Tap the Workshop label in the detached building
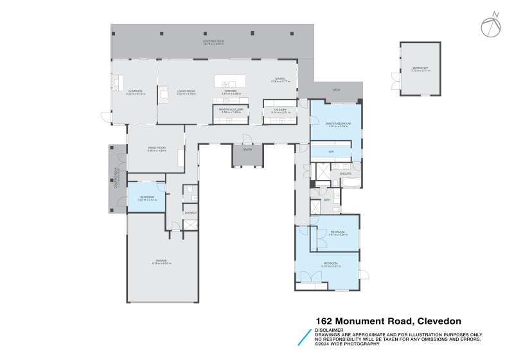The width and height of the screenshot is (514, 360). click(420, 69)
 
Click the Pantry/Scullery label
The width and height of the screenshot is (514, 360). click(231, 111)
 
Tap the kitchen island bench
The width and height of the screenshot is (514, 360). click(230, 83)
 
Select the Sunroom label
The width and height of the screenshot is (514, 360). click(135, 92)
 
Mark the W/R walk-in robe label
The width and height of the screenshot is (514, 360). click(331, 152)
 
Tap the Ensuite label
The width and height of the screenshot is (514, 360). click(345, 174)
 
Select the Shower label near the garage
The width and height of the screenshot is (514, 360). click(190, 212)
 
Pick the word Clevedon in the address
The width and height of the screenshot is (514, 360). click(439, 321)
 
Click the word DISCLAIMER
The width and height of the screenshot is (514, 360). click(328, 330)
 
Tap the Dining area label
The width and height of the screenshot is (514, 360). click(281, 80)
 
